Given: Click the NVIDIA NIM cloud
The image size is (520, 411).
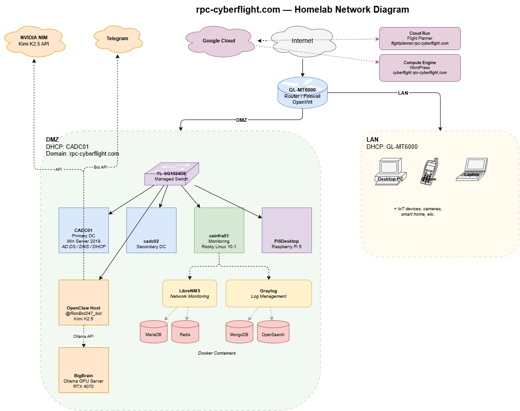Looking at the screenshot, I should [34, 42].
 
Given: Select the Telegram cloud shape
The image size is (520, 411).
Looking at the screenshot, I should [117, 39].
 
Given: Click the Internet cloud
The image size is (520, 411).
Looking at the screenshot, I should [302, 41].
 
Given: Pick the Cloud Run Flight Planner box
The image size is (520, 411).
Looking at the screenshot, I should [420, 38].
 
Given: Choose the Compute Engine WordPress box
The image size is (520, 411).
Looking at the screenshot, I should [420, 68].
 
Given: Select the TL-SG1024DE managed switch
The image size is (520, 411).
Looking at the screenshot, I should [171, 174].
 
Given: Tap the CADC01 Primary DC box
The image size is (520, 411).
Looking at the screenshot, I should [84, 230].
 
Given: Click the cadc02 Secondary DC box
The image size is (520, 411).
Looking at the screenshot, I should [151, 230].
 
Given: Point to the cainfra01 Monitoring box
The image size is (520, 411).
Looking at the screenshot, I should [219, 230].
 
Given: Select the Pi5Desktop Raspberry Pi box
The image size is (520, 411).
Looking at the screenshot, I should [287, 230].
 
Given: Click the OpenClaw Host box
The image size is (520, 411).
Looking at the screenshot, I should [84, 302].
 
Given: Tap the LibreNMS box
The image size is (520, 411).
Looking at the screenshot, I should [190, 293].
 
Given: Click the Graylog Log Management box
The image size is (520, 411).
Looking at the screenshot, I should [269, 293].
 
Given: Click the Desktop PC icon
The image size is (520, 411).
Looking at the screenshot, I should [391, 171].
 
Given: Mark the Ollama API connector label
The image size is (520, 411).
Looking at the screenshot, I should [84, 336].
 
